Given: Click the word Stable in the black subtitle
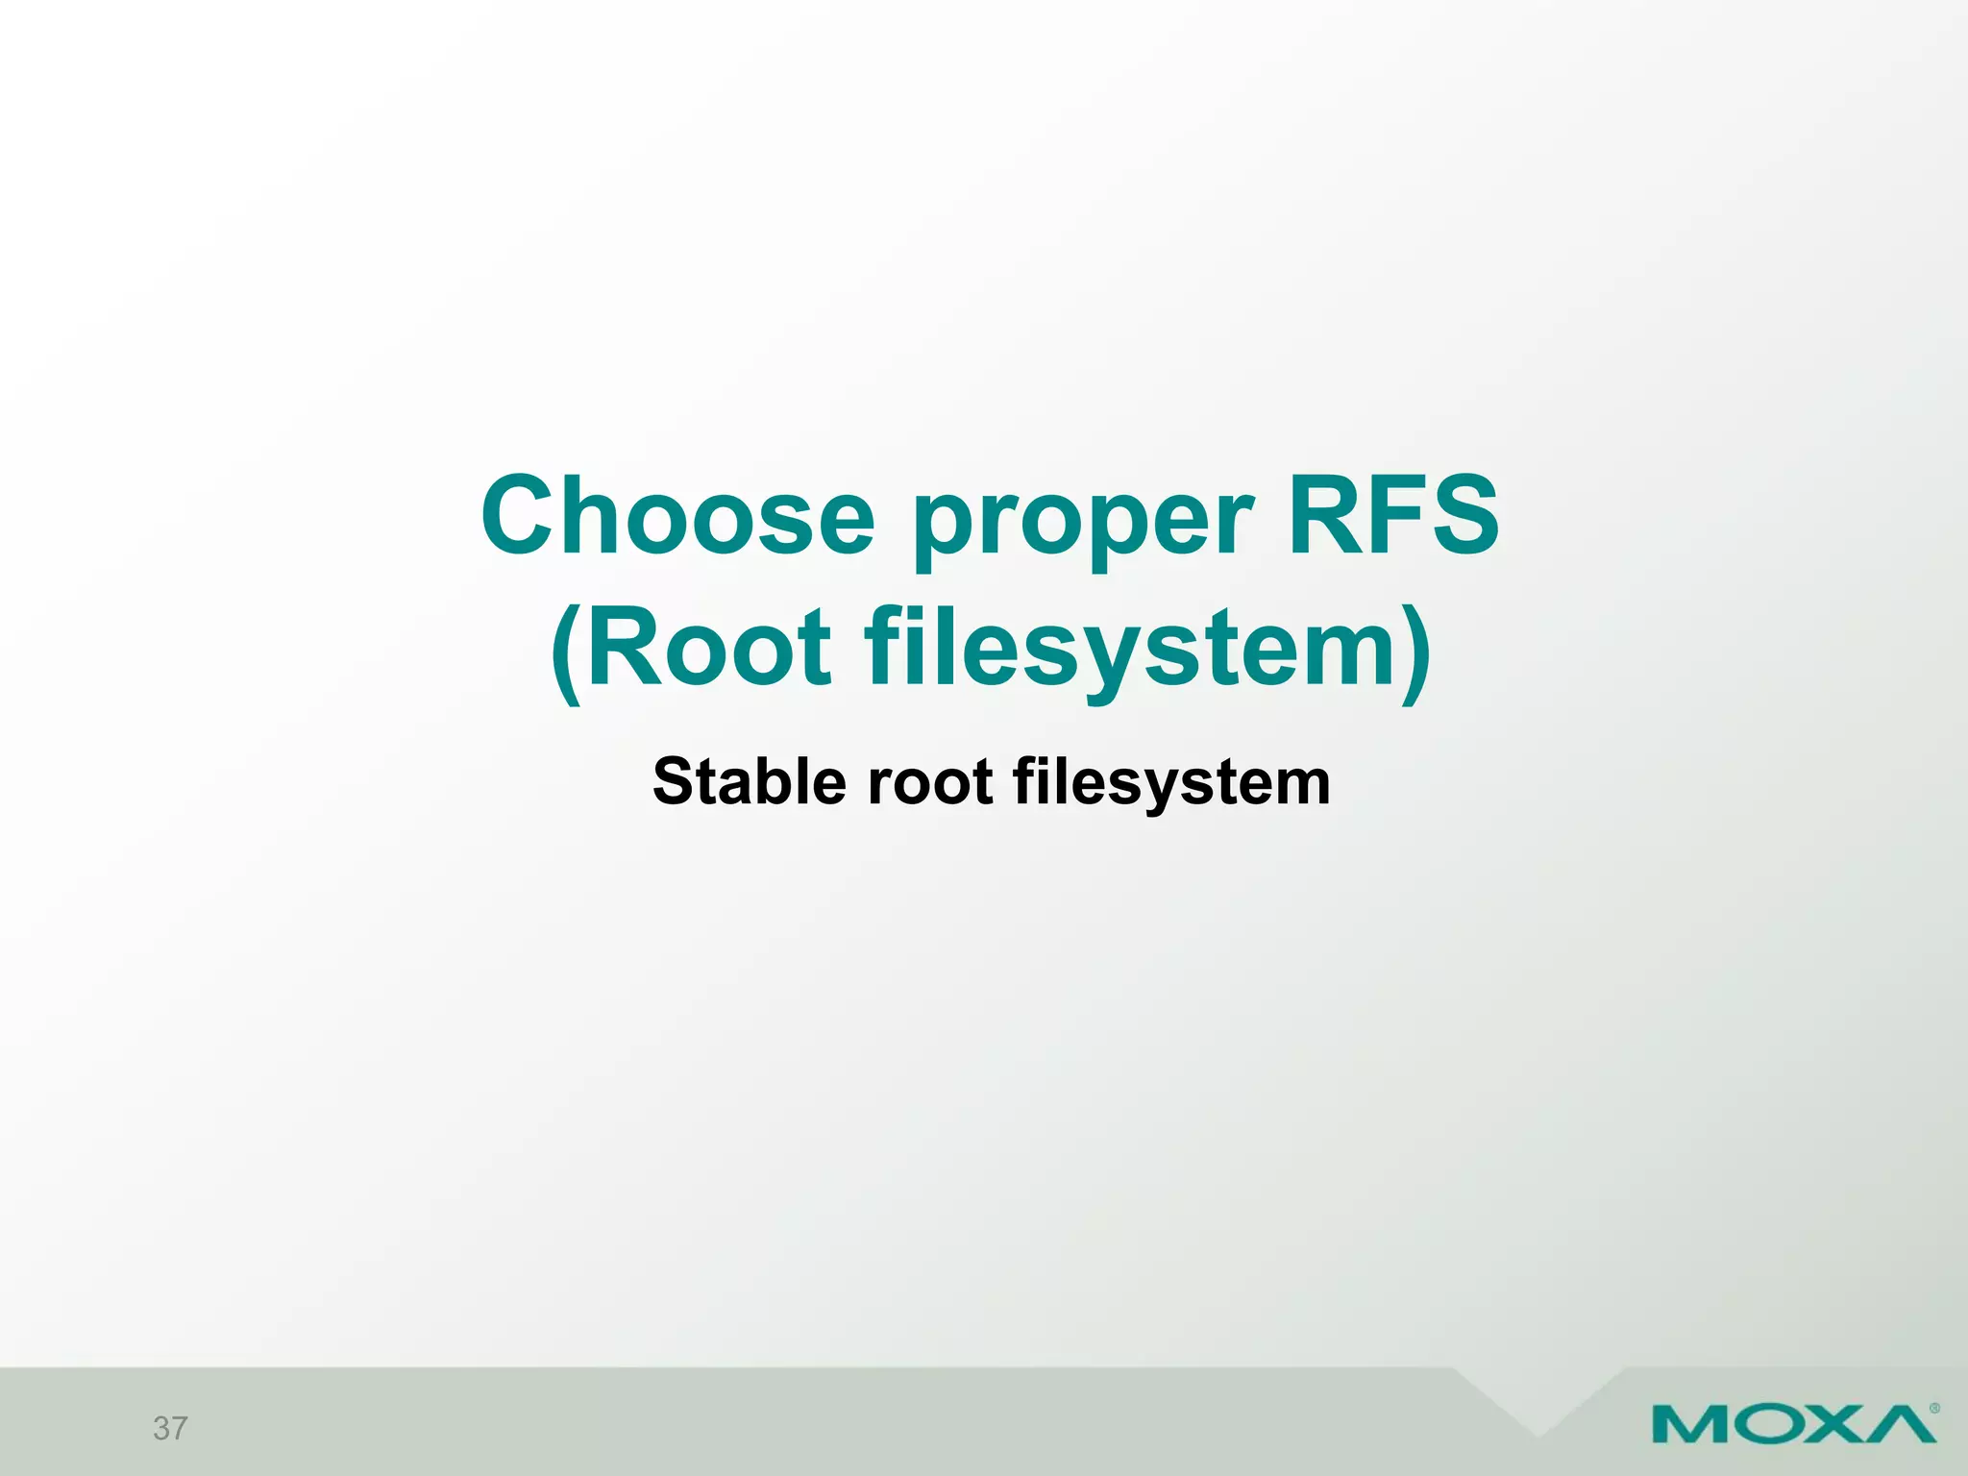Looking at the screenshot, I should coord(750,781).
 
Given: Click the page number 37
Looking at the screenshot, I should coord(170,1429).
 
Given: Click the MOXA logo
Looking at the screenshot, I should coord(1793,1423).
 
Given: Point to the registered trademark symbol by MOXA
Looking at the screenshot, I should coord(1933,1409).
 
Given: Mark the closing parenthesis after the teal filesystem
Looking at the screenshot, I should coord(1415,653).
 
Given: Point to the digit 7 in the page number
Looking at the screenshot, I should coord(180,1429).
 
